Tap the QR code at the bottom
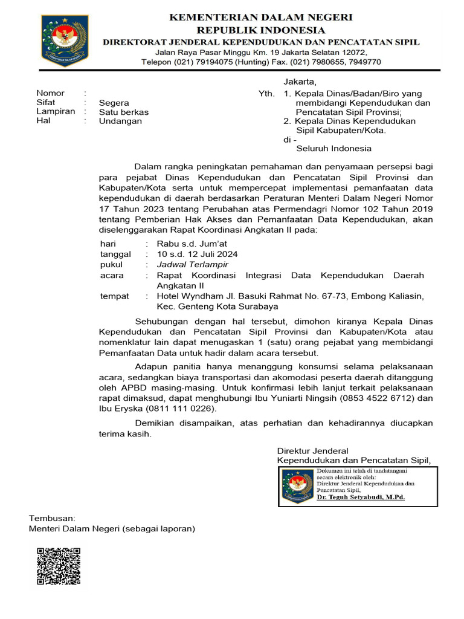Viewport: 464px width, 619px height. (59, 566)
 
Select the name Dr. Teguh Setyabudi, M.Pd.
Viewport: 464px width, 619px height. (361, 497)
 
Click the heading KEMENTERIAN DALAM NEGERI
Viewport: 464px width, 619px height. (260, 18)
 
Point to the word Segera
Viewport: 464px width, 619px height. (114, 103)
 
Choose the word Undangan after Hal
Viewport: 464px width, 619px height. (121, 121)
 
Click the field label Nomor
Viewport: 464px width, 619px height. (50, 94)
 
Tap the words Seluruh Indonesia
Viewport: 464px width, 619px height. (333, 149)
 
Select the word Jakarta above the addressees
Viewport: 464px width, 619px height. (300, 82)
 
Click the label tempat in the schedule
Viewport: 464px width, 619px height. (114, 296)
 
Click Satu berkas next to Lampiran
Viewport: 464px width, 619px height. (124, 112)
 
